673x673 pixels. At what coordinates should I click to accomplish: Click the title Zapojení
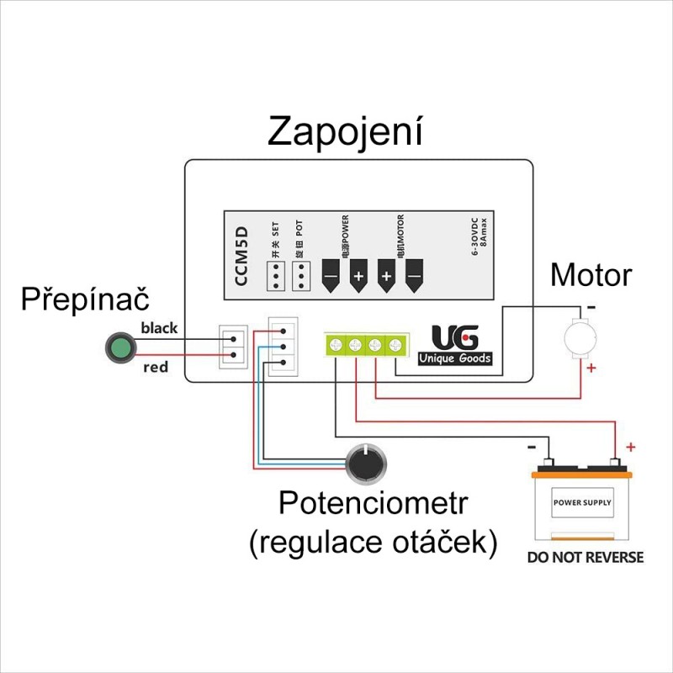pyautogui.click(x=345, y=132)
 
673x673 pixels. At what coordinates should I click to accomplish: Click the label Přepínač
pyautogui.click(x=85, y=299)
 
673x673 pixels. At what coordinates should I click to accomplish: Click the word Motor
pyautogui.click(x=591, y=274)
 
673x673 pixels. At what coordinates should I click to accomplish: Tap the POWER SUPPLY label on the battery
pyautogui.click(x=582, y=503)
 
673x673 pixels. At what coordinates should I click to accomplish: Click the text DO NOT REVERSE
pyautogui.click(x=585, y=557)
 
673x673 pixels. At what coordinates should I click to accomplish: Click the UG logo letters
pyautogui.click(x=455, y=337)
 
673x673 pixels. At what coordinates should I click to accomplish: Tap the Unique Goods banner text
pyautogui.click(x=455, y=358)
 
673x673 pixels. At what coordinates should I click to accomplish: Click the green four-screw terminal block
pyautogui.click(x=365, y=344)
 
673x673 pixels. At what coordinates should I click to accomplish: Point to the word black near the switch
pyautogui.click(x=160, y=328)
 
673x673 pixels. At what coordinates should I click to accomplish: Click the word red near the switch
pyautogui.click(x=156, y=368)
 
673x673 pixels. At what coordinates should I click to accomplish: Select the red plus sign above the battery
pyautogui.click(x=631, y=447)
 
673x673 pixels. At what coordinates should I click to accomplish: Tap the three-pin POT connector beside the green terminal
pyautogui.click(x=281, y=347)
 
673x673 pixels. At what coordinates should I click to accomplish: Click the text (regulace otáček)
pyautogui.click(x=373, y=542)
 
